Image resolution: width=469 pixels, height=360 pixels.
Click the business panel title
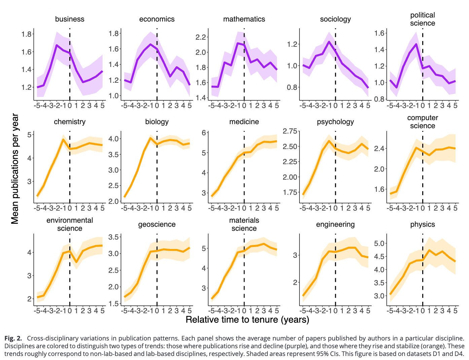pos(70,19)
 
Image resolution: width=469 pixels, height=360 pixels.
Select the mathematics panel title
pos(244,19)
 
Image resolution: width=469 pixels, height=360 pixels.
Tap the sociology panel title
pos(335,19)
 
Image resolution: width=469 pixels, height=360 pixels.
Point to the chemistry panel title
pos(70,122)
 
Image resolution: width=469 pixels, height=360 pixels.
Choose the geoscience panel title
pos(157,224)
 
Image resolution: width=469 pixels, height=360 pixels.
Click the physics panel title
pos(422,224)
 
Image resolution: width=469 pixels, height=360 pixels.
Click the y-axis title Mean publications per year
pos(15,169)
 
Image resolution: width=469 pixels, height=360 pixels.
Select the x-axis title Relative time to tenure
pos(247,320)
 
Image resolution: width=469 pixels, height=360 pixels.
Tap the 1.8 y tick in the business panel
pos(27,34)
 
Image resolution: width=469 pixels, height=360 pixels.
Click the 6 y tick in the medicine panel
pos(204,133)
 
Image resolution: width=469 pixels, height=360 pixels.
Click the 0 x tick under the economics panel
pos(157,106)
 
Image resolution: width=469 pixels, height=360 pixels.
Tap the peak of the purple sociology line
pos(329,42)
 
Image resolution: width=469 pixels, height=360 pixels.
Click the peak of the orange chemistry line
pos(63,139)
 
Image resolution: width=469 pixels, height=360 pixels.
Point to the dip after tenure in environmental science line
pos(76,262)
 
